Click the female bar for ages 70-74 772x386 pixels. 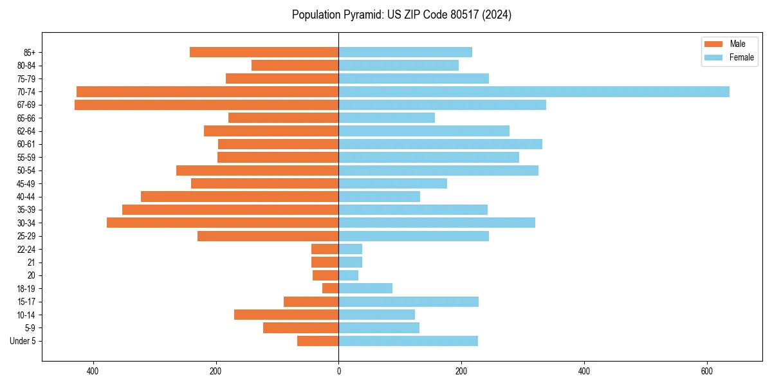[534, 91]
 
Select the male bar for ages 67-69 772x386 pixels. [207, 105]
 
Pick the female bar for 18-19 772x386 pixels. [365, 288]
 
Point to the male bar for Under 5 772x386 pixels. [318, 341]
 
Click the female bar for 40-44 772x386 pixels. [379, 196]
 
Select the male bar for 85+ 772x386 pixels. [264, 52]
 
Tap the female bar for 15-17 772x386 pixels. [409, 302]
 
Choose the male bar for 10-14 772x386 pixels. [286, 315]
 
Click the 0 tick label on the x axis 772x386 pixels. [338, 371]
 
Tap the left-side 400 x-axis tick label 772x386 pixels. [93, 371]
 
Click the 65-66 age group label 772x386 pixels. [26, 118]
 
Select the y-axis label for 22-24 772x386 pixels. [26, 249]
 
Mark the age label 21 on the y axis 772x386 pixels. [31, 262]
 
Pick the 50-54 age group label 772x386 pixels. [26, 170]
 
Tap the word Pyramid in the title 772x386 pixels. [362, 15]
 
